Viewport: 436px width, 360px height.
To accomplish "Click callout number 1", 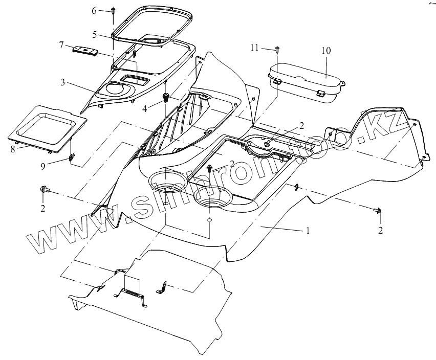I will coord(308,231).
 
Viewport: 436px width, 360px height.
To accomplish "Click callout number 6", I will coord(94,10).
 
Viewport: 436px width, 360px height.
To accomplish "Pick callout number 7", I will coord(61,46).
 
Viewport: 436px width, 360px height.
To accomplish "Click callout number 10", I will coord(326,51).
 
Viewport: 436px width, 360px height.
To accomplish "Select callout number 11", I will coord(254,48).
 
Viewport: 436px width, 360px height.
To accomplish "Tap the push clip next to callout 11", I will coord(277,50).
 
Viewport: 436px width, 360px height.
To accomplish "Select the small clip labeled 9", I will coord(72,157).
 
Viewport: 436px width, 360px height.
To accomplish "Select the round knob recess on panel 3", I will coord(114,90).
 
